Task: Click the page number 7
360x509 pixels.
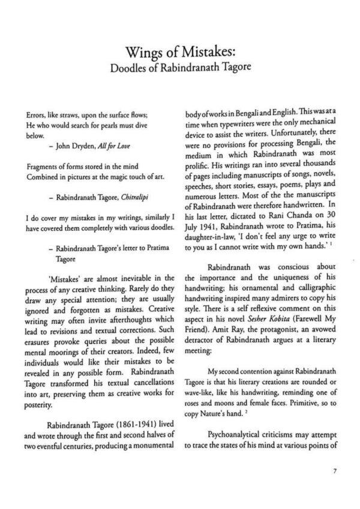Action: coord(334,471)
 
